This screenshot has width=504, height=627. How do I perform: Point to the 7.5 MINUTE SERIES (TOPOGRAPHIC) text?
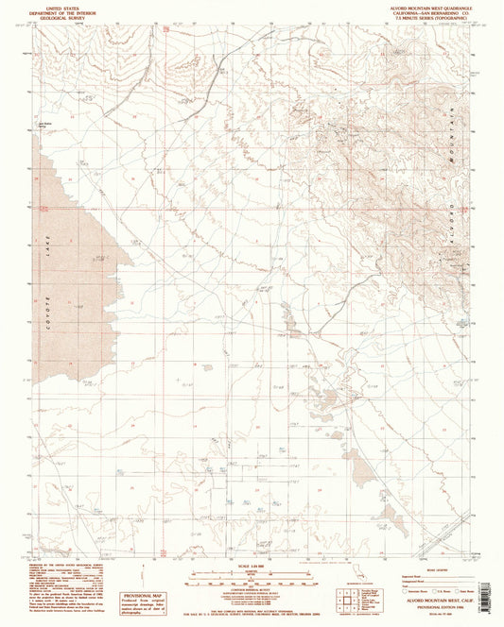pyautogui.click(x=425, y=17)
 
